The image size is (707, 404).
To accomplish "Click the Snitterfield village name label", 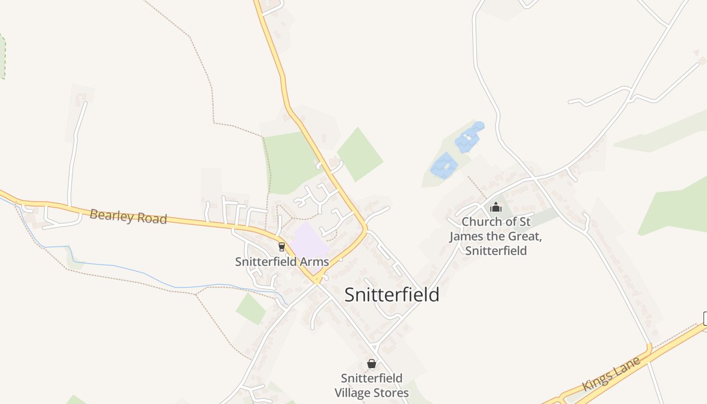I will coord(391,295).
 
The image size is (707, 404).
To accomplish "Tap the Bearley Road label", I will coord(128,217).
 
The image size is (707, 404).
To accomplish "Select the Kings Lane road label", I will coord(611,374).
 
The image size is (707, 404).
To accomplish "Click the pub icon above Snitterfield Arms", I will coord(282,246).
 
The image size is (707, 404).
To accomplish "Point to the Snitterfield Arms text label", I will coord(282,262).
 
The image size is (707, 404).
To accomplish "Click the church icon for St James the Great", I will coord(496,207).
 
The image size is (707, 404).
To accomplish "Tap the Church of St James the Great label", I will coord(496,236).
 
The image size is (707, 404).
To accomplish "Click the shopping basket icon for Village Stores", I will coord(372,364).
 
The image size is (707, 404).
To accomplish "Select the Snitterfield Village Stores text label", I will coord(372,385).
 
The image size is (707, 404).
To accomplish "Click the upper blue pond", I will coord(469,137).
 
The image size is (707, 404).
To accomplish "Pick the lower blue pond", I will coord(444,165).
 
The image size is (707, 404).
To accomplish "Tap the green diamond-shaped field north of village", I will coord(360,155).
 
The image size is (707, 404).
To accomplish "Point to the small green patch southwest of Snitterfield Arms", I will coord(251,309).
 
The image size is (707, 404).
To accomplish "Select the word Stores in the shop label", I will coord(390,392).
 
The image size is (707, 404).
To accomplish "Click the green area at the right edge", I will coord(677,207).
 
